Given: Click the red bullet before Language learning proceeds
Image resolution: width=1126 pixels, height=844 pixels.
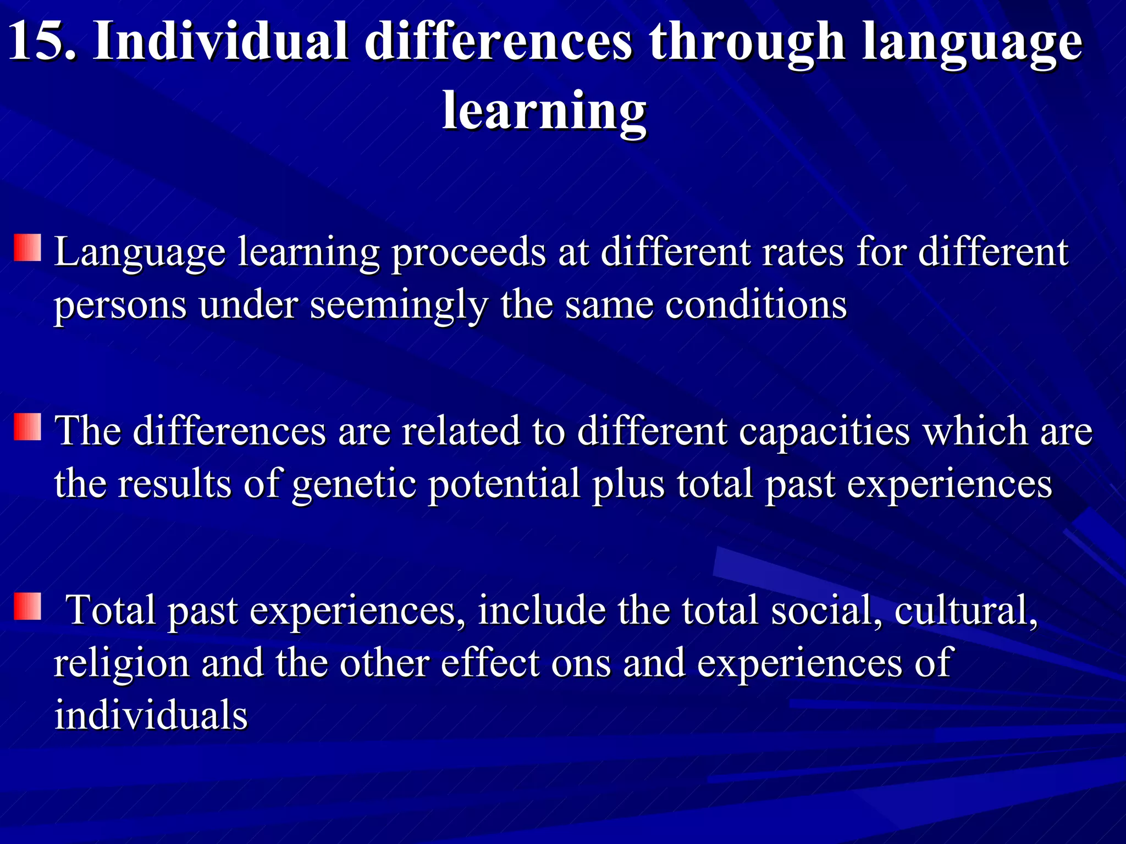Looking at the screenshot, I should [x=27, y=248].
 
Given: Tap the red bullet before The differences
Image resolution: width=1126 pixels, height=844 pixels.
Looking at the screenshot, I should [x=27, y=427].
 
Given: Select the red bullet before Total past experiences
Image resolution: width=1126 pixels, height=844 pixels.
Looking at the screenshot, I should [x=27, y=606].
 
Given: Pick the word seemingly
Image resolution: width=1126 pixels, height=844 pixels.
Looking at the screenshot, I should [x=399, y=306].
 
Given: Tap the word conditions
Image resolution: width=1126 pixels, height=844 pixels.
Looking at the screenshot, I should [x=756, y=306].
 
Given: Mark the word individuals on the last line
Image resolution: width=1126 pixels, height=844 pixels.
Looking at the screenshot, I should [x=151, y=716].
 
